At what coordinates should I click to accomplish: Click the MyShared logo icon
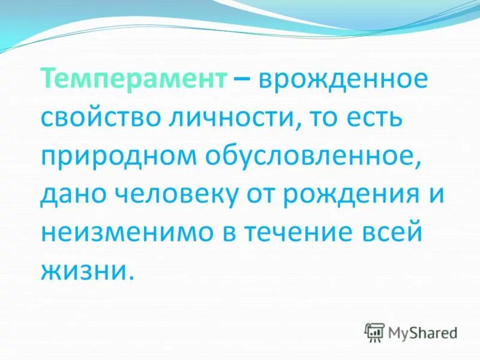(x=374, y=332)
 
